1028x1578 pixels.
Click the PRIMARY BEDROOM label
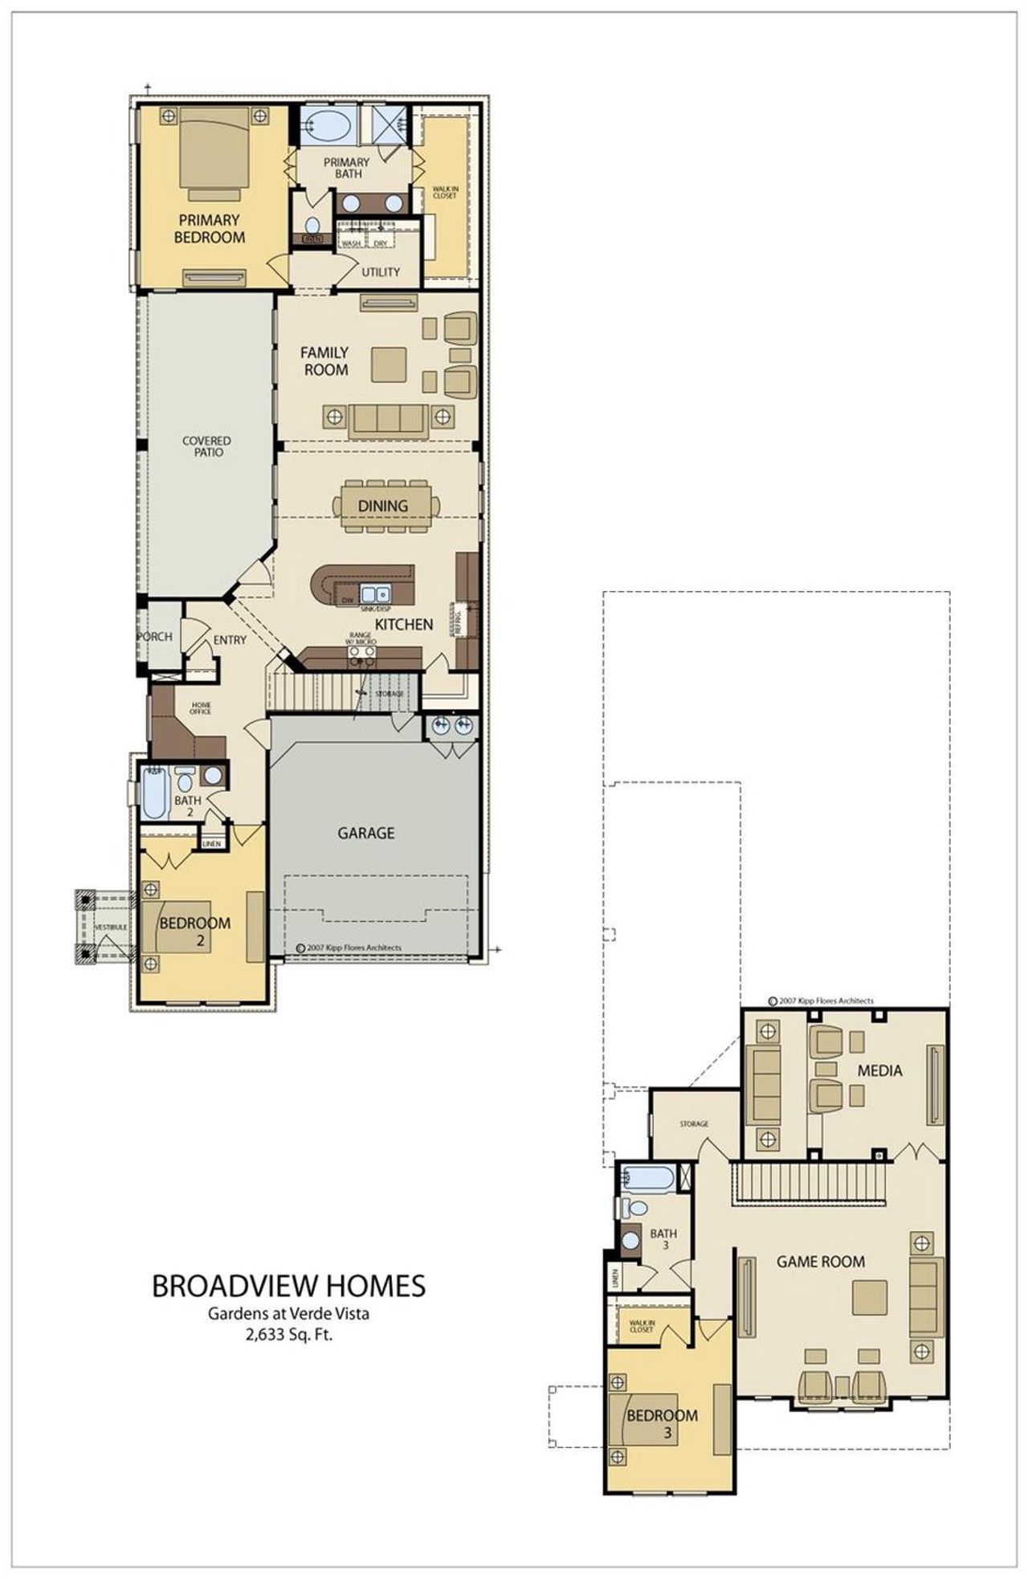pyautogui.click(x=209, y=229)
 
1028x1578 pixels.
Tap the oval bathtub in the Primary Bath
pyautogui.click(x=327, y=126)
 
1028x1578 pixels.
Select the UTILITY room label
pyautogui.click(x=380, y=272)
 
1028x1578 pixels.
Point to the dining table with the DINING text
pyautogui.click(x=383, y=506)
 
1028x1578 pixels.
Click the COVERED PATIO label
pyautogui.click(x=206, y=447)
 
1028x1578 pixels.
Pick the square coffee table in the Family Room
pyautogui.click(x=389, y=365)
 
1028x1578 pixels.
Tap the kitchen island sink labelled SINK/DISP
pyautogui.click(x=374, y=595)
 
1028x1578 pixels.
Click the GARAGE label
pyautogui.click(x=365, y=834)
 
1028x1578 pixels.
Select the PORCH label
pyautogui.click(x=154, y=637)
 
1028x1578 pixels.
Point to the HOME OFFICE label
pyautogui.click(x=200, y=708)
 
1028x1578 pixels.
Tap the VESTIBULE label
pyautogui.click(x=110, y=928)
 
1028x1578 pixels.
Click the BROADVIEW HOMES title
pyautogui.click(x=288, y=1286)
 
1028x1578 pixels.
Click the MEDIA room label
pyautogui.click(x=879, y=1070)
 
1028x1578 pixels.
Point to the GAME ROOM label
pyautogui.click(x=820, y=1262)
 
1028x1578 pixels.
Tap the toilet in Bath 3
pyautogui.click(x=636, y=1208)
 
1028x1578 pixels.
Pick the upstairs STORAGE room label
pyautogui.click(x=693, y=1124)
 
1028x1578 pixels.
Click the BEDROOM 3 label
pyautogui.click(x=662, y=1417)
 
